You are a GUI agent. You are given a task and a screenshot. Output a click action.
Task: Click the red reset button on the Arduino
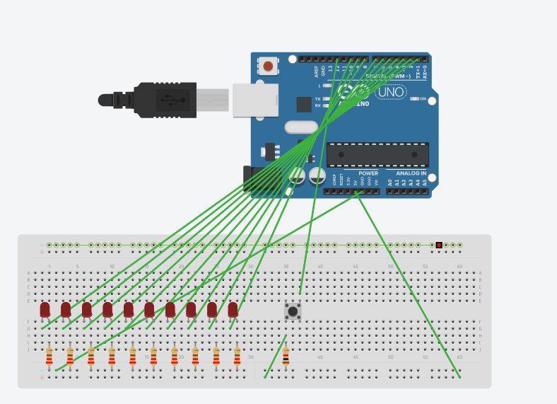point(268,67)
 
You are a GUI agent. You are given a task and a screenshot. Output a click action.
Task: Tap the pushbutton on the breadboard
point(293,311)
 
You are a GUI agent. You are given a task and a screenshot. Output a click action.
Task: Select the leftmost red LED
point(45,309)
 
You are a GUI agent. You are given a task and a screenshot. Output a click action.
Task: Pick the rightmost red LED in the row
point(233,309)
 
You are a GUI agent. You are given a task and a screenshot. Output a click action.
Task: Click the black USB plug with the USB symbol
point(165,100)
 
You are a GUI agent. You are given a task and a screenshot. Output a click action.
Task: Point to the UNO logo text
point(391,91)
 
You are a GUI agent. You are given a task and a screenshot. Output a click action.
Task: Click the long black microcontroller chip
point(377,154)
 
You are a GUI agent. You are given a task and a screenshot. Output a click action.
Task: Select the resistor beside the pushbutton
point(286,357)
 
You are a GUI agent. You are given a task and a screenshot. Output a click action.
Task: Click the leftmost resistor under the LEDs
point(49,357)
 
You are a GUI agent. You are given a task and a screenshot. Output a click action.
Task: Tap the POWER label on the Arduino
point(368,173)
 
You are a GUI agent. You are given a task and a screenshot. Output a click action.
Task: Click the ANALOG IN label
point(411,173)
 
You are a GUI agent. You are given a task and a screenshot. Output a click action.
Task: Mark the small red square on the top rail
point(439,245)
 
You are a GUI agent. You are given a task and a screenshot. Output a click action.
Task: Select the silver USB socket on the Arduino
point(251,100)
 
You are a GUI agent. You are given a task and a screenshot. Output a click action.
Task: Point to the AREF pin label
point(316,71)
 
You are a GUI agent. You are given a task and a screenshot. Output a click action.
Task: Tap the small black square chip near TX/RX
point(304,105)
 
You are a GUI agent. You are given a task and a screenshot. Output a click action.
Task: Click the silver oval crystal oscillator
point(302,127)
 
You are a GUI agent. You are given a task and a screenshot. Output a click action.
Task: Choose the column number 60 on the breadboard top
point(459,266)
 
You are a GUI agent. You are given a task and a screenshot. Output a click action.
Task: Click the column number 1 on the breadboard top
point(49,266)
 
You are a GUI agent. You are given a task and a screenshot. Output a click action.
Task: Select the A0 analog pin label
point(389,182)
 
